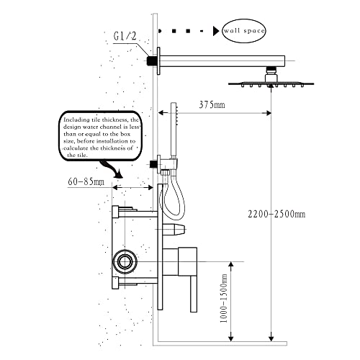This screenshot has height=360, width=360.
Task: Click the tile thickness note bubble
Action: click(106, 137)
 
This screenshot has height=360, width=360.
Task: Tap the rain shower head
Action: click(270, 83)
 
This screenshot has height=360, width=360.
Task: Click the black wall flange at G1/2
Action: click(153, 62)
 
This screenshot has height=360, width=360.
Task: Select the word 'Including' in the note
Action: click(77, 120)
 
